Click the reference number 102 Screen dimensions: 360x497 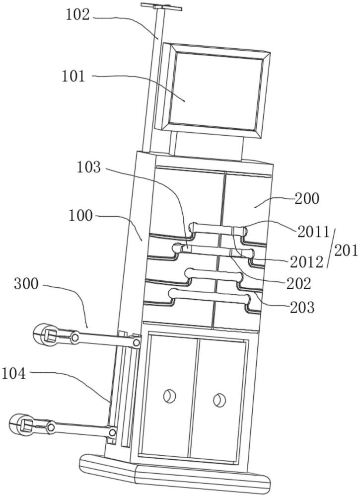coord(77,15)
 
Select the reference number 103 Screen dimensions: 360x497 coord(89,167)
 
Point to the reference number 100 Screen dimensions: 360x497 coord(80,216)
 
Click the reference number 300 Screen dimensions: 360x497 coord(26,284)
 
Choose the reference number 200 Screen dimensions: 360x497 coord(307,198)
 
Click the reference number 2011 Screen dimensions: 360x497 coord(313,232)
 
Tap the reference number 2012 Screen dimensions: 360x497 coord(306,262)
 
